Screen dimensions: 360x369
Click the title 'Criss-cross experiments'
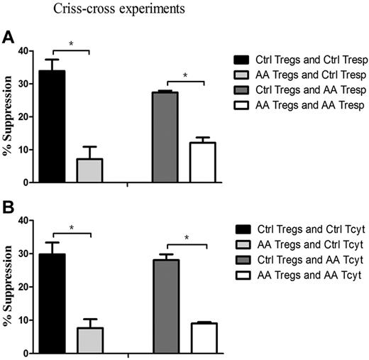click(x=105, y=10)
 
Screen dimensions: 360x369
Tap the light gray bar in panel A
click(x=90, y=170)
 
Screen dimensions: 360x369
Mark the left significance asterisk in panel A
click(x=71, y=45)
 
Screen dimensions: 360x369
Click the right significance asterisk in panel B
click(x=185, y=239)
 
